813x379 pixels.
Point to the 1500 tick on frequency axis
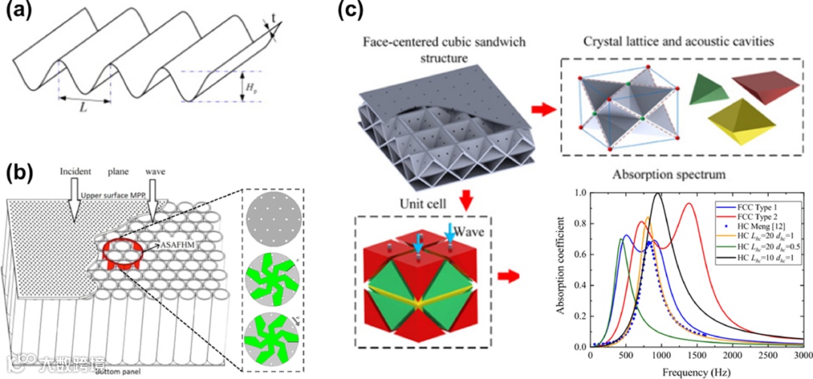click(x=696, y=355)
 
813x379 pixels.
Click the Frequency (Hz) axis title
click(x=696, y=370)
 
